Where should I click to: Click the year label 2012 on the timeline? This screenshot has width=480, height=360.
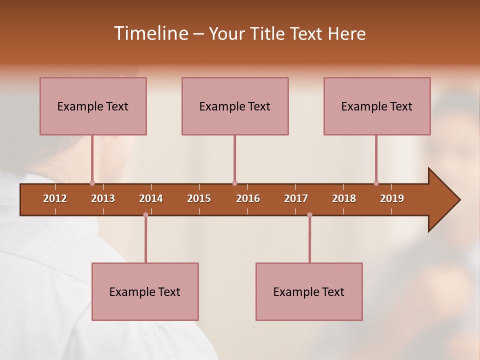55,198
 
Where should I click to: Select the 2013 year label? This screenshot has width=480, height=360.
103,198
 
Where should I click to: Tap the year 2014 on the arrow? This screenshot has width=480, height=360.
151,198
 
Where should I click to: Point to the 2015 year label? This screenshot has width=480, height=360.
199,198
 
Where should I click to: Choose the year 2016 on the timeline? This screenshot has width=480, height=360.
248,198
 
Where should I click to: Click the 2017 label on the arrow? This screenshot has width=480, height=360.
296,198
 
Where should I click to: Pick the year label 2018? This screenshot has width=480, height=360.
344,198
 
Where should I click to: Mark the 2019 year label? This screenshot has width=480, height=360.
392,198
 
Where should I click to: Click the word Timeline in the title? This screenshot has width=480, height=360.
149,33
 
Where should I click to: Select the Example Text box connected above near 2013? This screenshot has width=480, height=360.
93,106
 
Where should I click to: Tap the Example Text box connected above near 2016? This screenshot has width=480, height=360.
235,106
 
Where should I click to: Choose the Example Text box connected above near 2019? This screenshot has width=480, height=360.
377,106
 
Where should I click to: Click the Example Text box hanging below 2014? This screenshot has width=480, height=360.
145,291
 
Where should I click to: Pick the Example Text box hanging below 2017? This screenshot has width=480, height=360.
309,291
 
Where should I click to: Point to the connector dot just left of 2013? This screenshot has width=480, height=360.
92,183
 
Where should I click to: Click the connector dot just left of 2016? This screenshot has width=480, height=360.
234,183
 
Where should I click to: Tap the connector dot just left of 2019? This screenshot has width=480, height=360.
376,183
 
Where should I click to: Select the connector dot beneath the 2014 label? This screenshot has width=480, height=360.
145,215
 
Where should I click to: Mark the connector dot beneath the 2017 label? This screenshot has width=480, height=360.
309,215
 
